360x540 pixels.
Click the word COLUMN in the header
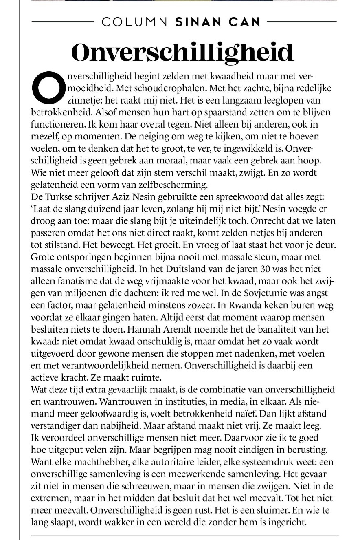point(135,22)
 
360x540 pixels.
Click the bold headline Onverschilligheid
point(182,53)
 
